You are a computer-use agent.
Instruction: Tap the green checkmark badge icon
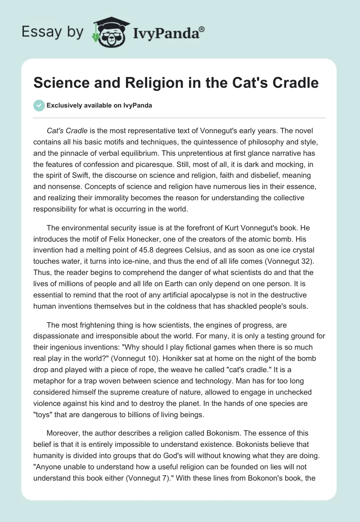39,105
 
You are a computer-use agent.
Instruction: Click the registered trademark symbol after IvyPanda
202,29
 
